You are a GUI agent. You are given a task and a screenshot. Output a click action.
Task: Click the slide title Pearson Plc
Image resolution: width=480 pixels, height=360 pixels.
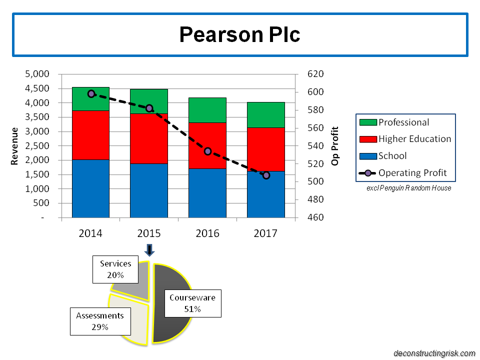240,34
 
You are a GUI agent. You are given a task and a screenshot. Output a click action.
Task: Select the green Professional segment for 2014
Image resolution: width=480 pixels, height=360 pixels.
90,99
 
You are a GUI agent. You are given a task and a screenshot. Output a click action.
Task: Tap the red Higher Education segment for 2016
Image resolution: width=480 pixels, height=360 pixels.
207,145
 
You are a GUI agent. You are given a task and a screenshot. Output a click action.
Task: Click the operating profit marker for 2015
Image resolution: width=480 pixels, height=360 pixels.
149,108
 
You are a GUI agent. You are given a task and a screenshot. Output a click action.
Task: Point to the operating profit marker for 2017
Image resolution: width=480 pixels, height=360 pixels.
266,175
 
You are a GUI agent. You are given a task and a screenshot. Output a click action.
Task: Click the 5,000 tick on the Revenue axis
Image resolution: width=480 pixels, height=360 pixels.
37,74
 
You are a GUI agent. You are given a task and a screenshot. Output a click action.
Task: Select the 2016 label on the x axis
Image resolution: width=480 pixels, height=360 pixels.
207,233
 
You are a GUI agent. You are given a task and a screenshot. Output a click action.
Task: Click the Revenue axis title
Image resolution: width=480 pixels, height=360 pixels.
15,146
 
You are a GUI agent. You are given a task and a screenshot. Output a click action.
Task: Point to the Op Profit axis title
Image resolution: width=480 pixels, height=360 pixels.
335,146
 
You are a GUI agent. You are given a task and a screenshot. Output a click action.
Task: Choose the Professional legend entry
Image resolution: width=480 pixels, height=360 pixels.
403,122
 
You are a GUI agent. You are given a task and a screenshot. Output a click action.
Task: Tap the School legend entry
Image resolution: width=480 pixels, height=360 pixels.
392,156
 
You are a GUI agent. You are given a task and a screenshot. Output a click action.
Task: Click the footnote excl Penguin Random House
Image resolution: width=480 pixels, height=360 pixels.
408,188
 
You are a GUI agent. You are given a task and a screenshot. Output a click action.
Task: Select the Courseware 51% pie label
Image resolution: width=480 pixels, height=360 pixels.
192,303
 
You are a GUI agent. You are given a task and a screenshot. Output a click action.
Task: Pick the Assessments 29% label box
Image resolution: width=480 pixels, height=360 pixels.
99,321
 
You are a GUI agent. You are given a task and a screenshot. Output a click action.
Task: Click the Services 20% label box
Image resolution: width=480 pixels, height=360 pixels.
115,268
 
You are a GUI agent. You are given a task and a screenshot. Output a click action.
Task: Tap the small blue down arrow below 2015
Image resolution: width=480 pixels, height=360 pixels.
149,250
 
